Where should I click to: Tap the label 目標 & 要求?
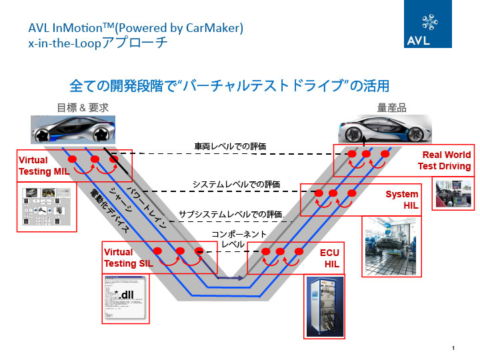(82, 107)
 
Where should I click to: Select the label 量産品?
(392, 107)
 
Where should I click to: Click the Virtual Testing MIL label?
(42, 166)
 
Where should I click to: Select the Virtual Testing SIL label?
(127, 258)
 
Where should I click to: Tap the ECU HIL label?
(329, 259)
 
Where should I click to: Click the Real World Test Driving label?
(445, 161)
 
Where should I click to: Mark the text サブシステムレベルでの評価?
(231, 215)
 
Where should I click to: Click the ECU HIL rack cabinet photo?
(325, 308)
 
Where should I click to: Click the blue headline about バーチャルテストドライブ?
(229, 86)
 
